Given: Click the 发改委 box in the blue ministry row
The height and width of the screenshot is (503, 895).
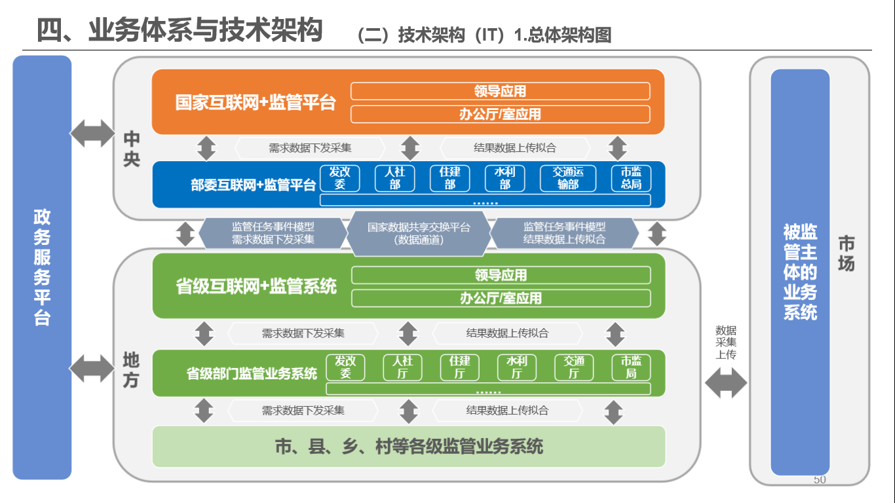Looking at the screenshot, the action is tap(339, 178).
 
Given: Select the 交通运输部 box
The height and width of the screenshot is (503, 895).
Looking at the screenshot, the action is tap(568, 178).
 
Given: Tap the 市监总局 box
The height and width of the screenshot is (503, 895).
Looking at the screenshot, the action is tap(631, 178).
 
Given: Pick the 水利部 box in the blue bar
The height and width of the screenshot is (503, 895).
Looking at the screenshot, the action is tap(505, 178).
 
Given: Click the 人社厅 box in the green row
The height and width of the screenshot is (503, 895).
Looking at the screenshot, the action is tap(402, 367).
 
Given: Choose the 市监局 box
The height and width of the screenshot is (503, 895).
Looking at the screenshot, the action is tap(631, 367).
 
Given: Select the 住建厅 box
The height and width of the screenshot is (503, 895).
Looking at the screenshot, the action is tap(459, 367).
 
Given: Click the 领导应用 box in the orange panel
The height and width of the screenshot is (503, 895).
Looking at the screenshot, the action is tap(500, 91).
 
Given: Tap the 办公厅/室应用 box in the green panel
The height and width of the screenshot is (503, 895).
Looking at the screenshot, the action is tap(501, 299).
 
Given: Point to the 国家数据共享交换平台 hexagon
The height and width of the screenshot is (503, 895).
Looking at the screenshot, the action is tap(419, 233).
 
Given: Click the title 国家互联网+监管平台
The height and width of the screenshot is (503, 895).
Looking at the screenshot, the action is tap(256, 103).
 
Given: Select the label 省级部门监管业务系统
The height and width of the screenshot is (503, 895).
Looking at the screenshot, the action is tap(252, 374).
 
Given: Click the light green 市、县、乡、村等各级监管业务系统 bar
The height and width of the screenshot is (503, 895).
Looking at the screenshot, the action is tap(409, 446).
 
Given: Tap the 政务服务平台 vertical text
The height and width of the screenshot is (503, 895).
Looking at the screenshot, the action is tap(42, 267).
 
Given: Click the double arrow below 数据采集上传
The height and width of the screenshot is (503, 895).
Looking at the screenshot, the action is tap(725, 383).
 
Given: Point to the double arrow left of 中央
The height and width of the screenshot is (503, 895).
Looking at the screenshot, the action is tap(92, 134).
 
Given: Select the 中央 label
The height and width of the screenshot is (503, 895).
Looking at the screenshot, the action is tap(132, 149).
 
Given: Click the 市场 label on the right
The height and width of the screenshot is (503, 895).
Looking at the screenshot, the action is tap(847, 253).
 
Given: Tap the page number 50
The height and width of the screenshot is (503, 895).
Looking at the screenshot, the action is tap(820, 480).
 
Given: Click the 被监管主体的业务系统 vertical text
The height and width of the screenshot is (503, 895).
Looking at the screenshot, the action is tap(800, 272).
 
